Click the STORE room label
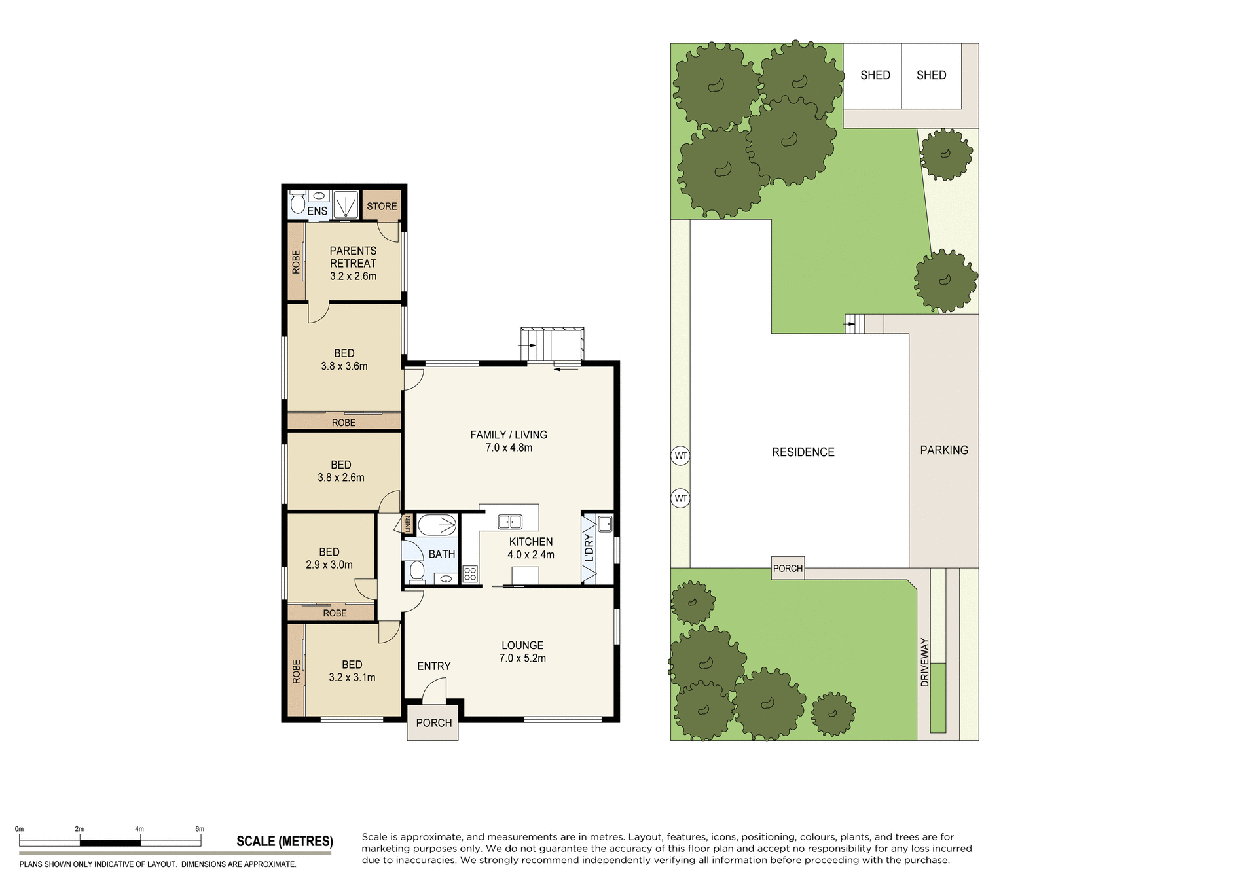(382, 206)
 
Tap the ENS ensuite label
(317, 211)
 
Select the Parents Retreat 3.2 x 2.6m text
(353, 263)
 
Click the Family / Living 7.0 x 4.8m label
(509, 441)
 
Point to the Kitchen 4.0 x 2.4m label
(530, 548)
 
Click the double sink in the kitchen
(509, 522)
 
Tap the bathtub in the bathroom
(437, 525)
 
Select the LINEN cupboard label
(407, 524)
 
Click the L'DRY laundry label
(589, 548)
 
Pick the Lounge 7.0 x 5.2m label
(522, 652)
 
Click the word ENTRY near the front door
(433, 666)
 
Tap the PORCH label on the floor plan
(433, 723)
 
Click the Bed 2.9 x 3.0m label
(329, 558)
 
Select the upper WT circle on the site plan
(681, 455)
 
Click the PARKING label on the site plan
(943, 450)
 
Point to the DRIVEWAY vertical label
(924, 662)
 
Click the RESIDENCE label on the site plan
(803, 452)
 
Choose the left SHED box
(874, 75)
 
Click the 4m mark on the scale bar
(139, 830)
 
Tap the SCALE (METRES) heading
(285, 842)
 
